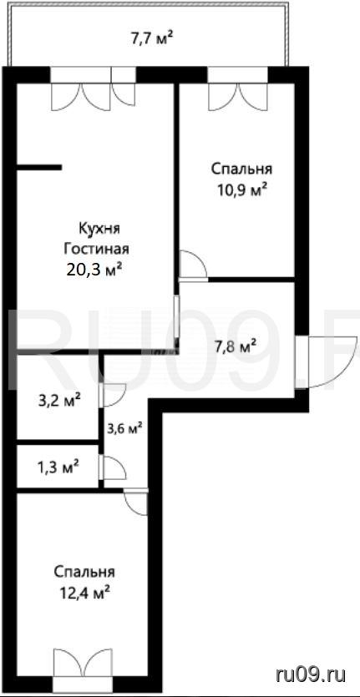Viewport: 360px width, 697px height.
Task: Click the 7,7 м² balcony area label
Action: pos(151,38)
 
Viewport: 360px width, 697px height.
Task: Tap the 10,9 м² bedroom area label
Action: pos(241,190)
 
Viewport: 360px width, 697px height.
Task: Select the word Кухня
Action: pos(100,229)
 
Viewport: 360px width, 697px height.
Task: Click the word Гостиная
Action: pos(97,249)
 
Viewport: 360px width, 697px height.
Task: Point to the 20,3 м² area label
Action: pos(94,270)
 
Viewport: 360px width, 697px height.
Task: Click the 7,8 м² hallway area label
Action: pos(235,346)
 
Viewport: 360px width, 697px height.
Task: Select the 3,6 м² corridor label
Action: pos(124,428)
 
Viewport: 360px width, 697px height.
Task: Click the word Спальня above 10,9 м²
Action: pos(241,169)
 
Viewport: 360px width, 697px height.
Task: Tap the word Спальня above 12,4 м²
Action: pos(84,572)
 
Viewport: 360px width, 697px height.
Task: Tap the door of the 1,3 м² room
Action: pos(113,467)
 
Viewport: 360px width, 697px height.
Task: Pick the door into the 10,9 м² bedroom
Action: pos(193,265)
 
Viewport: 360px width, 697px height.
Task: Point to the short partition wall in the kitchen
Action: pos(39,168)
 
